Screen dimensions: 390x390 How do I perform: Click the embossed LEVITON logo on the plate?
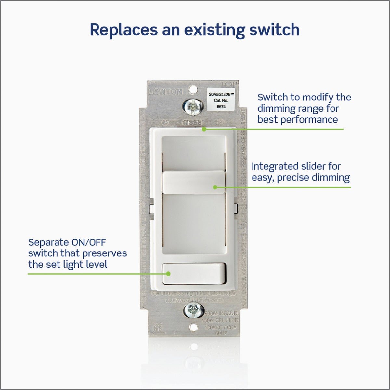(x=165, y=92)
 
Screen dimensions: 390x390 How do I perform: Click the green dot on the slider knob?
(x=215, y=187)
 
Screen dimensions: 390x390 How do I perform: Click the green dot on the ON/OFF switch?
(x=168, y=273)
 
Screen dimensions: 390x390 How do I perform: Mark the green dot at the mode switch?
(x=204, y=129)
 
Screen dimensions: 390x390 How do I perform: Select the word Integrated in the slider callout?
(x=271, y=166)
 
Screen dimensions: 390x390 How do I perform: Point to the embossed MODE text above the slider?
(x=192, y=123)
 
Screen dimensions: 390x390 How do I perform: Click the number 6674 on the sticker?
(x=221, y=106)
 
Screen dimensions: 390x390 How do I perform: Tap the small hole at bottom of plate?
(x=194, y=327)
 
